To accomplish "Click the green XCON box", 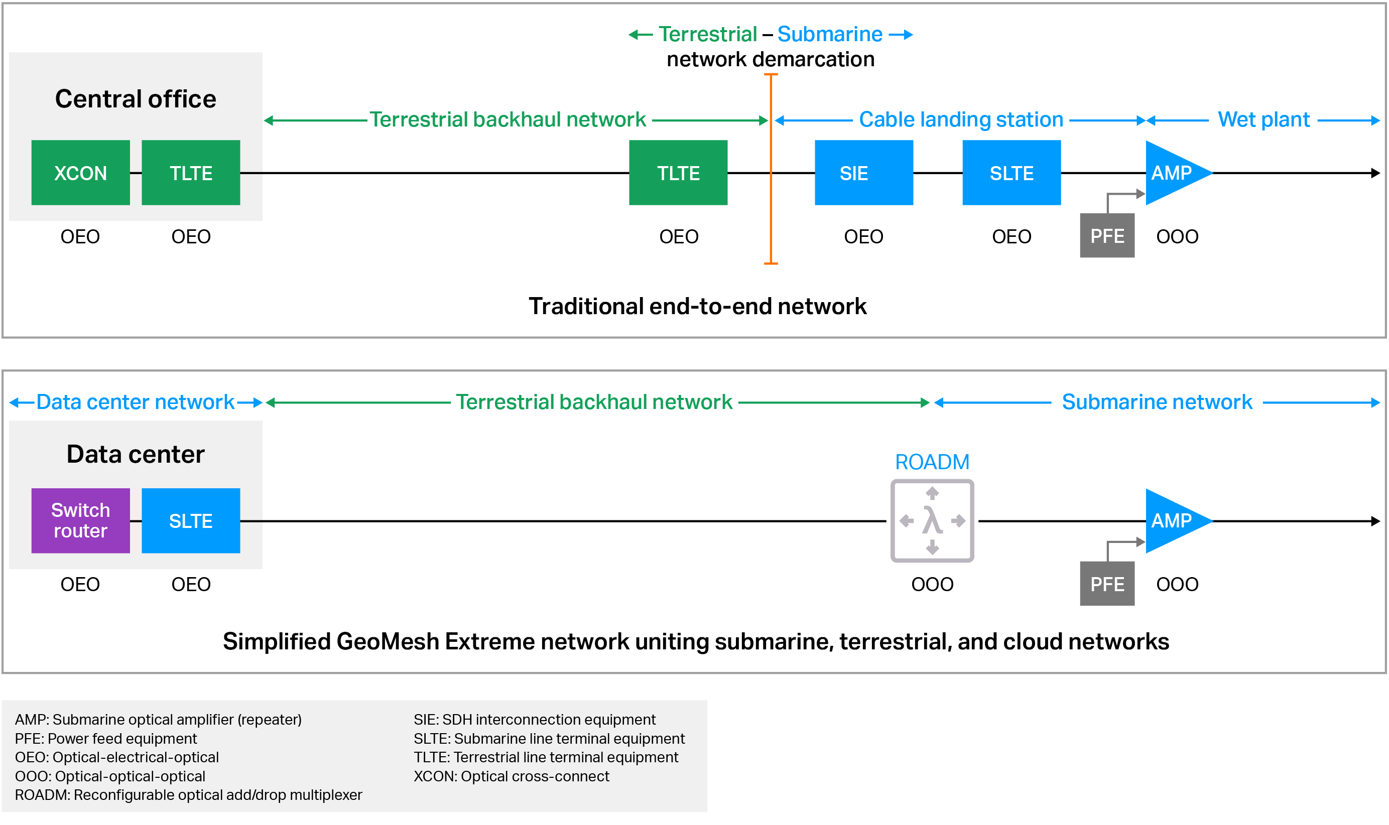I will point(81,173).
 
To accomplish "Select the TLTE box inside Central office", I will point(191,173).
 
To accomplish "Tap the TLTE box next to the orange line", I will point(678,173).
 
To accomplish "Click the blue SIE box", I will point(863,173).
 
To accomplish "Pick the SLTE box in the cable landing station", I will point(1011,173).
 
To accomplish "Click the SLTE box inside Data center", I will point(191,520).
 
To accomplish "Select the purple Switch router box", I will point(81,520).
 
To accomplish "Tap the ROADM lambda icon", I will point(932,520).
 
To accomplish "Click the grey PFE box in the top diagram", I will point(1106,236).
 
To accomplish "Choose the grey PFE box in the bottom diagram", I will point(1106,583).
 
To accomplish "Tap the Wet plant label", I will point(1264,119).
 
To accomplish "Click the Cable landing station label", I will point(960,119).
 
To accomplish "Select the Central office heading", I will point(136,99).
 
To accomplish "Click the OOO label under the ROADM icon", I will point(932,584).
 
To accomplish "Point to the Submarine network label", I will point(1157,402).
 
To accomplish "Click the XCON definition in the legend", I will point(511,776).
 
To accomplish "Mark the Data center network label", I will point(136,402).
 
